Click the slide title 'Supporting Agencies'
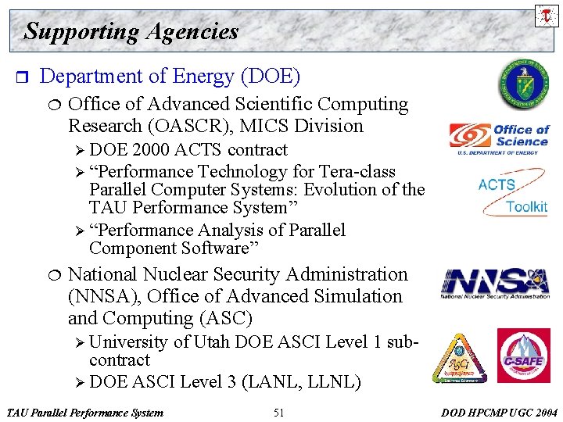click(x=131, y=31)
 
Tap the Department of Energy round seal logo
click(x=525, y=86)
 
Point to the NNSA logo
click(x=495, y=283)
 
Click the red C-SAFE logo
click(x=523, y=356)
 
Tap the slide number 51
click(x=279, y=413)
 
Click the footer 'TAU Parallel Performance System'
click(x=84, y=413)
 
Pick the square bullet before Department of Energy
click(x=21, y=77)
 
